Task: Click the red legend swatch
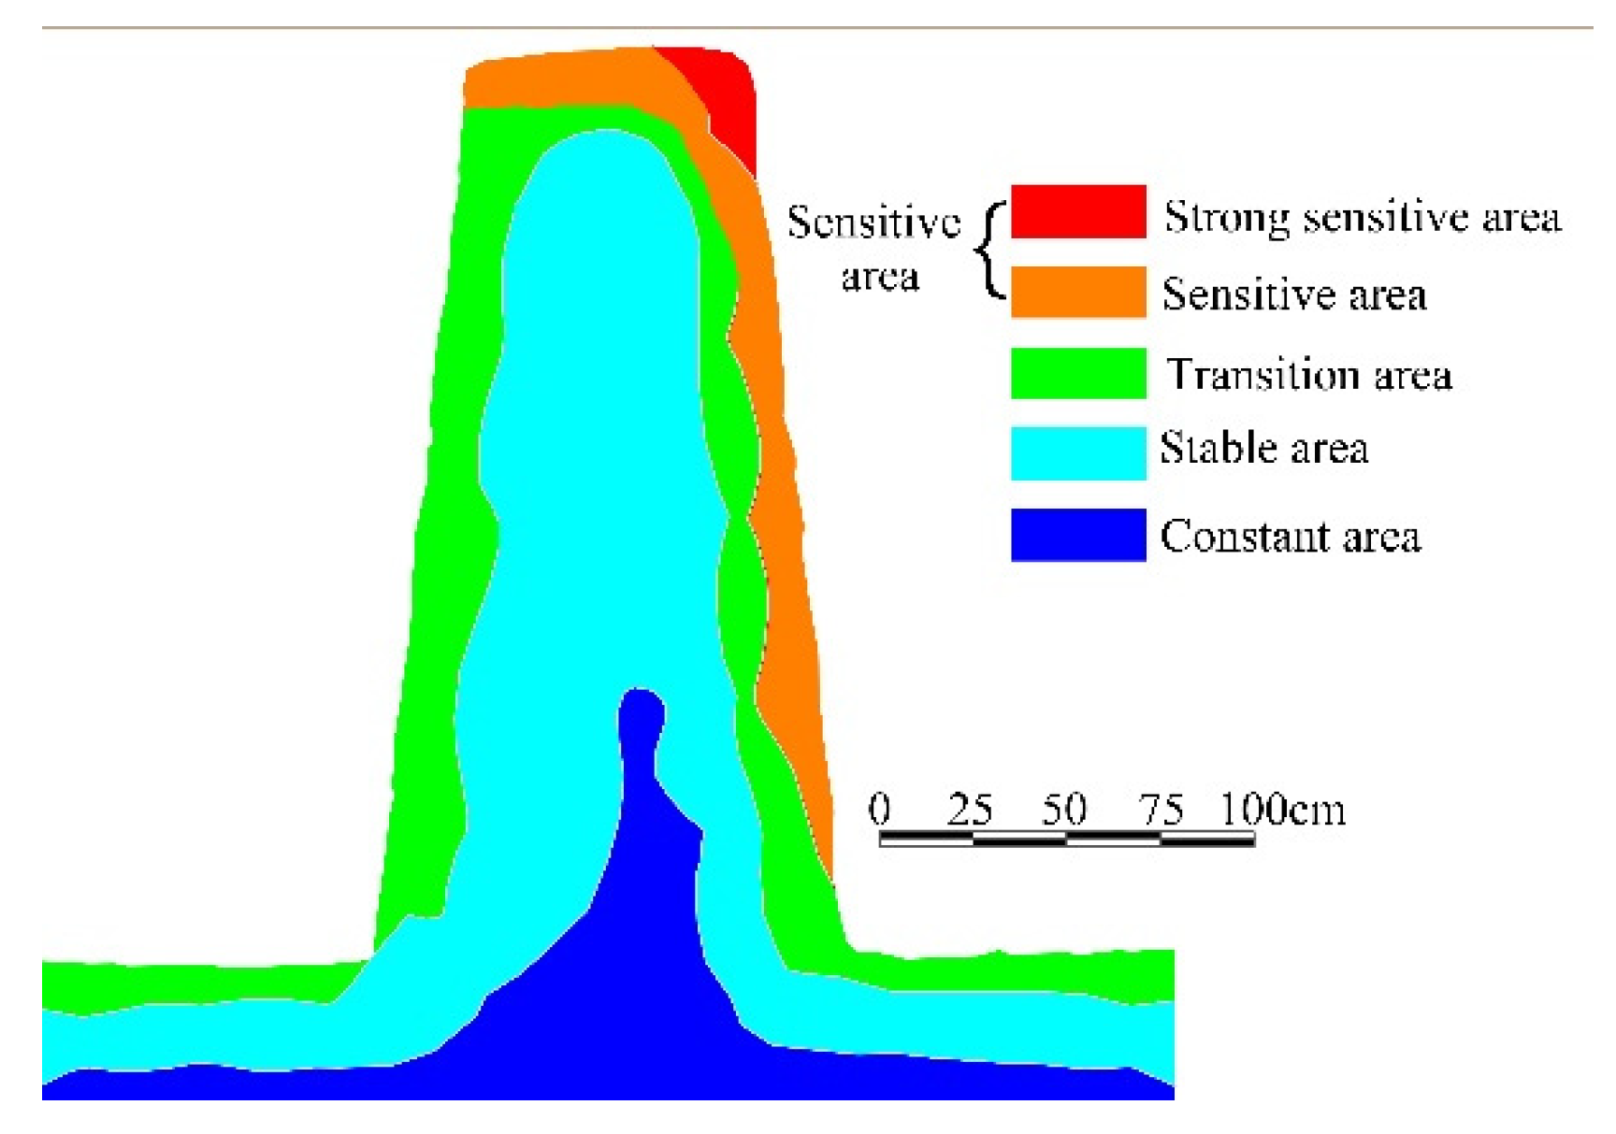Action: [1077, 211]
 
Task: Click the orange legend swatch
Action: [1077, 292]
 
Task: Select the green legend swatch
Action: [1077, 373]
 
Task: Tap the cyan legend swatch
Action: [1077, 453]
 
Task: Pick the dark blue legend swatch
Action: [1077, 535]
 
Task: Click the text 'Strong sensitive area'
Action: [1362, 218]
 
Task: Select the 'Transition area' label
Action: [1308, 375]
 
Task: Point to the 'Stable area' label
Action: [1263, 448]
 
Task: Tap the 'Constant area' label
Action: [1290, 537]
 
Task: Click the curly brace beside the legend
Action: [990, 251]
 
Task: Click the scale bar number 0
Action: [879, 809]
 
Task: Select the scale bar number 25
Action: [969, 809]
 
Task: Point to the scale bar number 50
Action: [1064, 809]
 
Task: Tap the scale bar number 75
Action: [1161, 809]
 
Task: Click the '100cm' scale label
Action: [1283, 809]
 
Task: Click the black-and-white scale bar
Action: [1066, 839]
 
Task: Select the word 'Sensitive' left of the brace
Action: [873, 222]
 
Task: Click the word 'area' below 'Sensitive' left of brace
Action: [879, 277]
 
